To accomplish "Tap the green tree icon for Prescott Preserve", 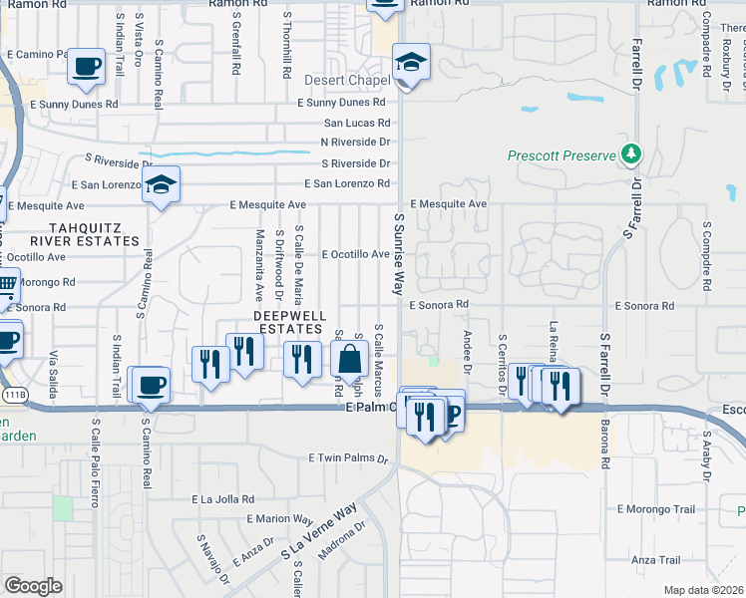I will coord(630,154).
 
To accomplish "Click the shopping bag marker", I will coord(350,359).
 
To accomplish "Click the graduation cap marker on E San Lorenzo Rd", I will coord(160,184).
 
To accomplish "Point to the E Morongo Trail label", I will coord(655,509).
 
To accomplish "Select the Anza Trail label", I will coord(655,559).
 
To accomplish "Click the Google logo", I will coord(33,586).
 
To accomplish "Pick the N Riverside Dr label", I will coord(355,142).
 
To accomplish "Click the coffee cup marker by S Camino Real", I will coord(151,385).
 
